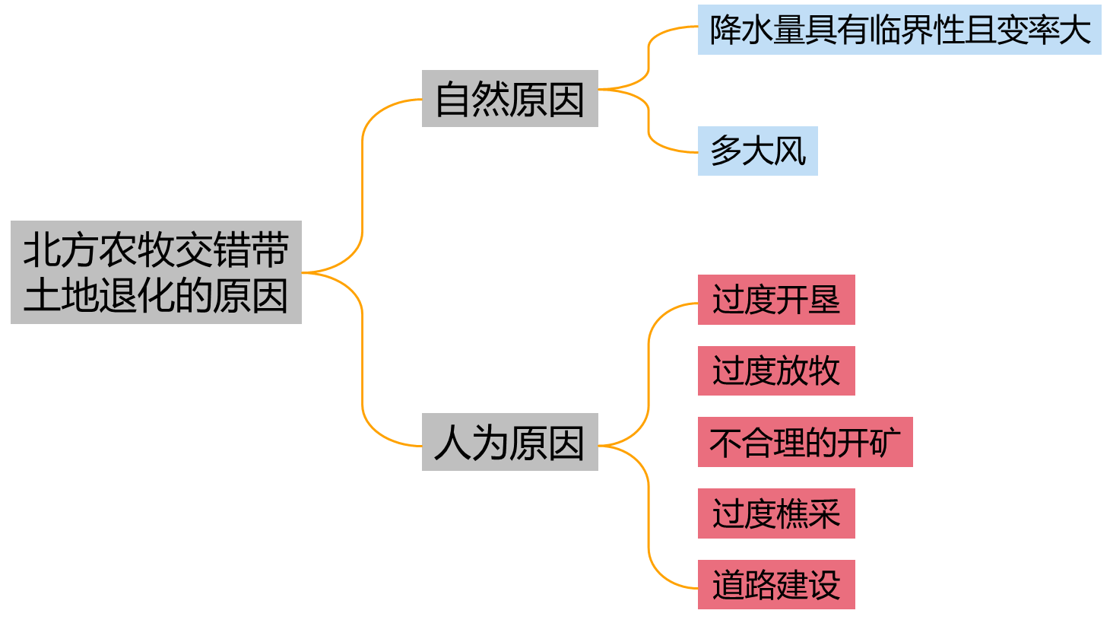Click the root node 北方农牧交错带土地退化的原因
(156, 272)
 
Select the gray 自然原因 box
(509, 99)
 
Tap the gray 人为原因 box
(509, 442)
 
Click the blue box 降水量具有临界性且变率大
(899, 30)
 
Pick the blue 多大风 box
(757, 151)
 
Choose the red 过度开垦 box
(775, 300)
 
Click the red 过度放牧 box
(775, 370)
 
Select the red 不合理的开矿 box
(804, 442)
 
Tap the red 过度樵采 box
(775, 513)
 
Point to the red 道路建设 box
(775, 584)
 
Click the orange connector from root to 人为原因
(363, 358)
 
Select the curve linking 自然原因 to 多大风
(649, 122)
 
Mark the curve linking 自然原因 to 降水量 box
(649, 57)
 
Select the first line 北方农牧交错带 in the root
(156, 250)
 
